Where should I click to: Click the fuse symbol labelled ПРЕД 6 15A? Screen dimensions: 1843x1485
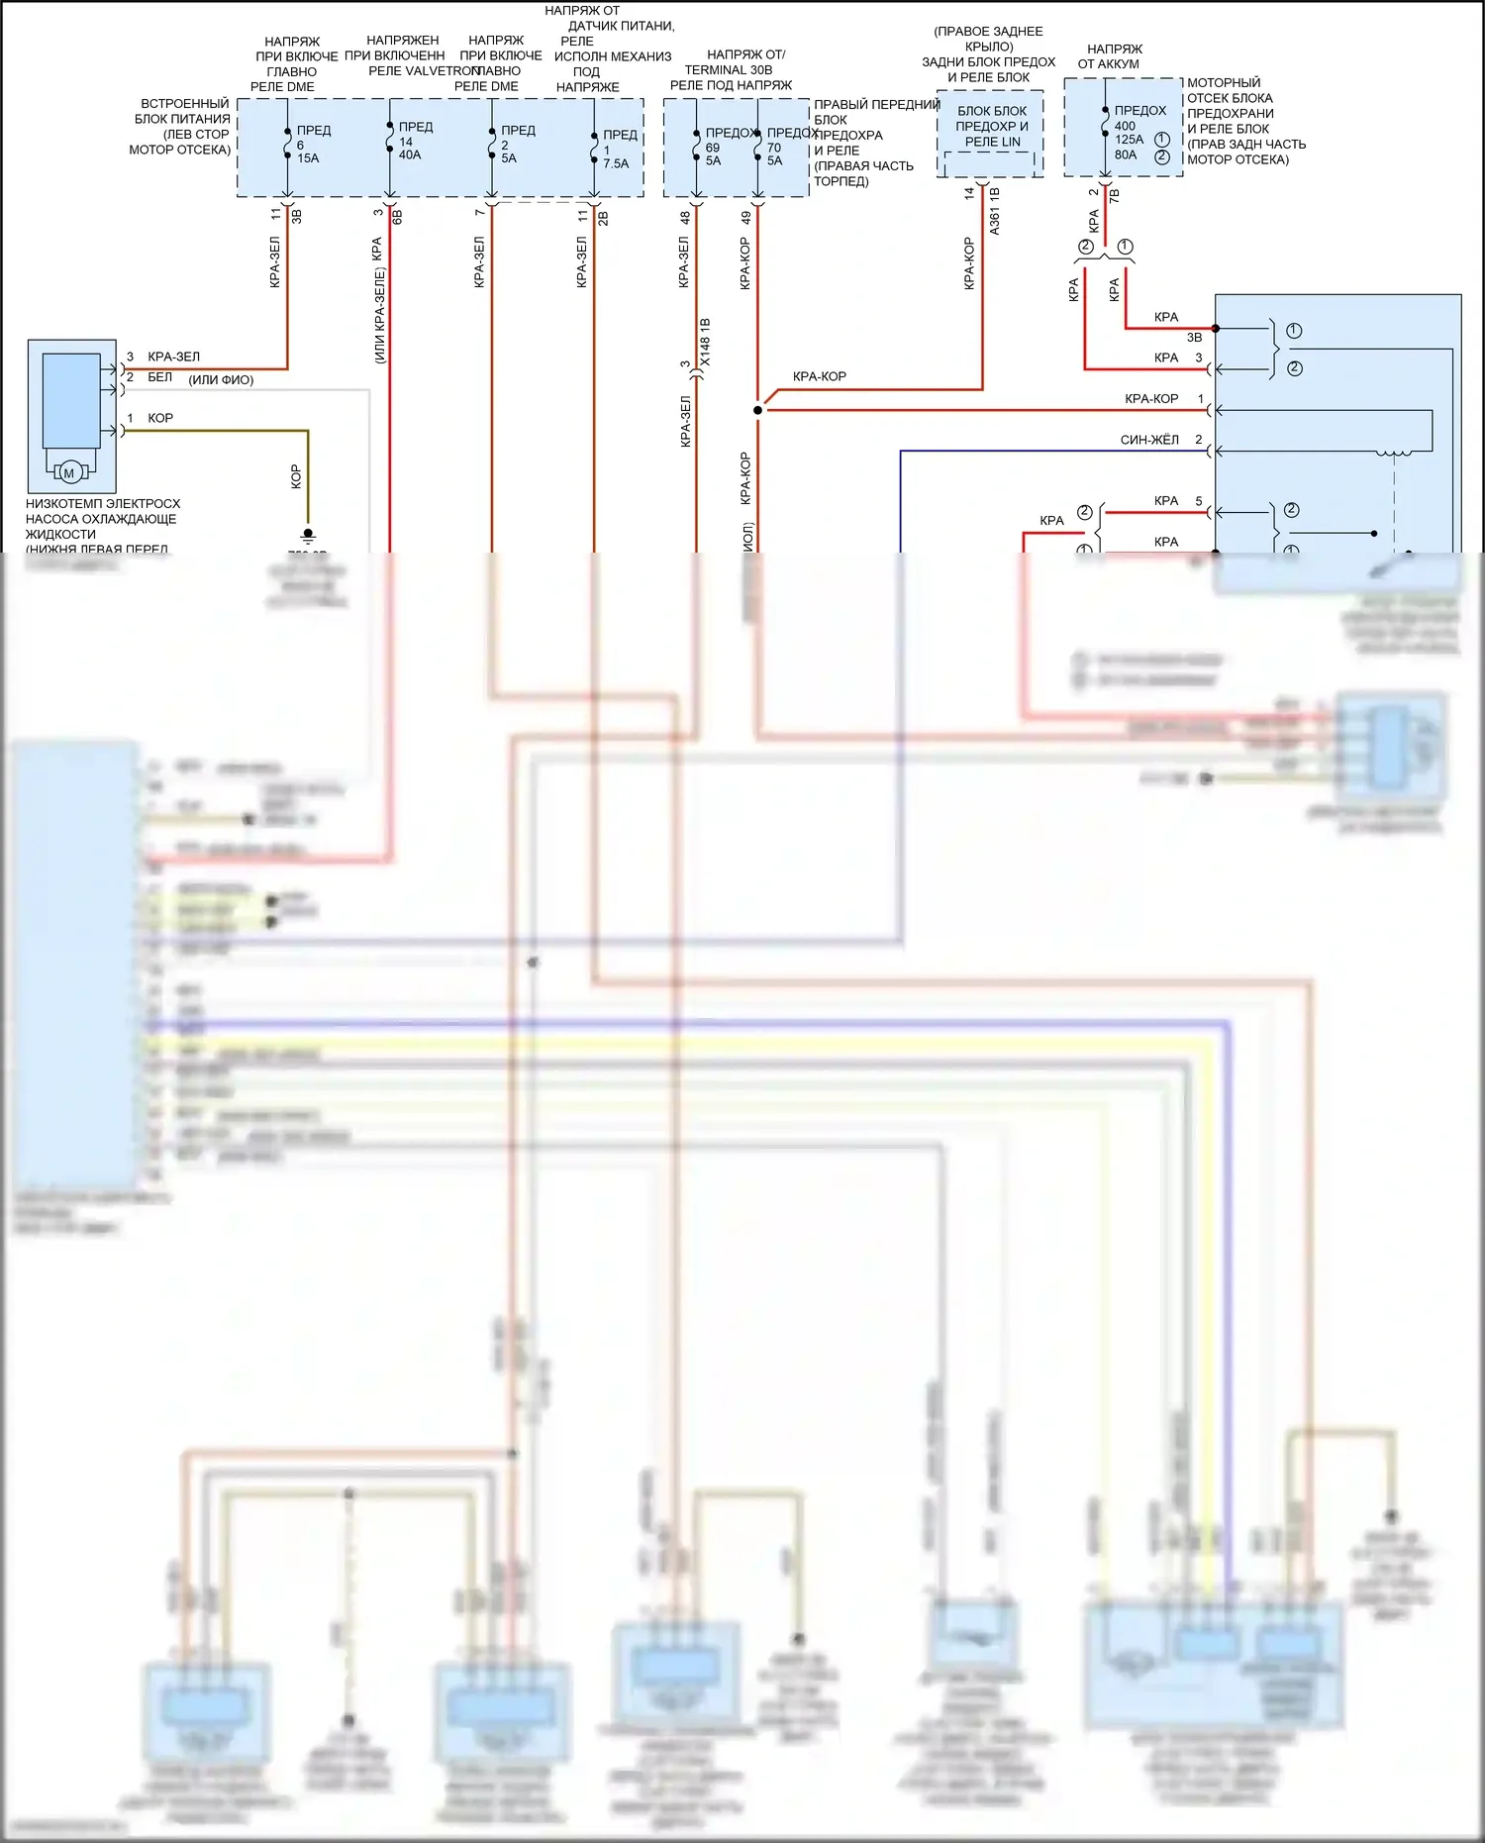(x=287, y=143)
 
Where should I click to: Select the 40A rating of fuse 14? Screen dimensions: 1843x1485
(x=410, y=155)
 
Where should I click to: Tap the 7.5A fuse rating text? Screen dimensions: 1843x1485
(x=616, y=164)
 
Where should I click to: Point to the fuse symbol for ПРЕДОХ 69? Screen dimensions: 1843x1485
(x=696, y=145)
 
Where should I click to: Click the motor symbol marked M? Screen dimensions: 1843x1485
(x=68, y=473)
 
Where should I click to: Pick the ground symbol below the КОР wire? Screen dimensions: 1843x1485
(x=308, y=536)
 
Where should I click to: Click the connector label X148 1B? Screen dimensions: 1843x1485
(x=705, y=343)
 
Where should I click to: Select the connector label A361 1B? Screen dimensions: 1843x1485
(x=995, y=211)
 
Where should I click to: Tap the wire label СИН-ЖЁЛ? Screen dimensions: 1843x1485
(x=1149, y=440)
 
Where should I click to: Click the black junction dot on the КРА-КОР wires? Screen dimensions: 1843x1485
(x=758, y=410)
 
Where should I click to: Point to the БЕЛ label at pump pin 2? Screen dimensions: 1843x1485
(x=159, y=377)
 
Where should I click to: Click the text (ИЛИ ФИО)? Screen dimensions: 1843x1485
(x=221, y=380)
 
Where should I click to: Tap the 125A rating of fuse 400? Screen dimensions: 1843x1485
(x=1129, y=140)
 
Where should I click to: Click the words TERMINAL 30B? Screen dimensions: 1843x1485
(x=728, y=70)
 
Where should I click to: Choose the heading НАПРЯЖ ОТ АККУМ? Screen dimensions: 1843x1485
(x=1114, y=56)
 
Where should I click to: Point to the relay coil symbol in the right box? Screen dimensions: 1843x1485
(x=1394, y=454)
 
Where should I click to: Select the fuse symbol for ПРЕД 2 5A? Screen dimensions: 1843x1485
(x=492, y=144)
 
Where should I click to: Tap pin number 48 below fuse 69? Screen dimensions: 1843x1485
(x=685, y=218)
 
